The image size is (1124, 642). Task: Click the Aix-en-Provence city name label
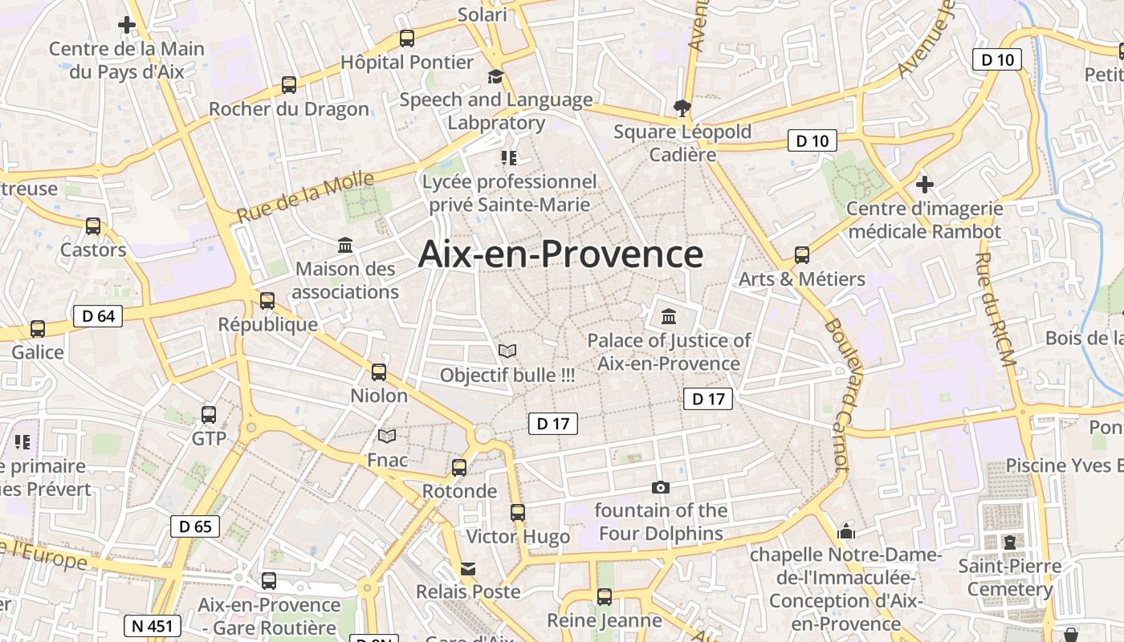click(x=560, y=254)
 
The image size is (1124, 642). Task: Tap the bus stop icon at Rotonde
click(x=459, y=467)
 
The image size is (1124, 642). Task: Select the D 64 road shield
click(x=99, y=316)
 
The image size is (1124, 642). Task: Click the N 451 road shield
click(x=153, y=626)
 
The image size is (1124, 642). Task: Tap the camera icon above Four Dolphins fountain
click(x=661, y=487)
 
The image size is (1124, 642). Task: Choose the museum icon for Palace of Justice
click(x=669, y=316)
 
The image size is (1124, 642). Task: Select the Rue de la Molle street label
click(x=305, y=197)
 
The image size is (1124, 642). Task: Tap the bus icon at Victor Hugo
click(x=518, y=512)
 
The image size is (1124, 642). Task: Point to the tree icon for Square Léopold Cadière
click(x=682, y=108)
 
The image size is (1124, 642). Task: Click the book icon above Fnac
click(x=387, y=437)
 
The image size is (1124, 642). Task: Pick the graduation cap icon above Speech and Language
click(x=496, y=76)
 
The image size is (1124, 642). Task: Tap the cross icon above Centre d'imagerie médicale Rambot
click(x=925, y=185)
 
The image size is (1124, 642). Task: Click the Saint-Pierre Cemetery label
click(x=1009, y=577)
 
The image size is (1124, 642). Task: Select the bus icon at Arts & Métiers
click(x=801, y=255)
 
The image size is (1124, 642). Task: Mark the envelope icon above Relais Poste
click(x=467, y=569)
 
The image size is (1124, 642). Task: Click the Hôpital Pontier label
click(x=407, y=62)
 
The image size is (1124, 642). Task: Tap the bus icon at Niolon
click(x=379, y=372)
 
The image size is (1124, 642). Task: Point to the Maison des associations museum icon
click(x=345, y=245)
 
